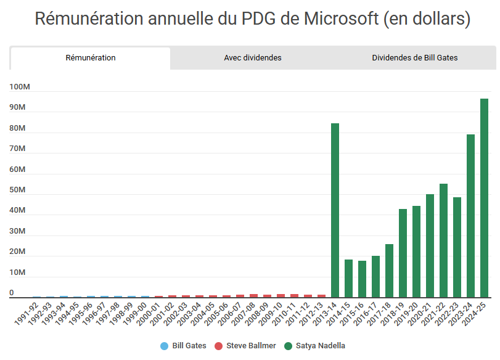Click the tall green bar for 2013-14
(335, 210)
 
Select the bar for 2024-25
(485, 198)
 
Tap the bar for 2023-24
(471, 216)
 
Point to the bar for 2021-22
(444, 240)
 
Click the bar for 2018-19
(403, 253)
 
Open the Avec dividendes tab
(253, 58)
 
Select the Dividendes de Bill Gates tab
(414, 58)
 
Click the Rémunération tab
(91, 58)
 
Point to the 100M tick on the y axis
(20, 88)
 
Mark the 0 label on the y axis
(12, 293)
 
